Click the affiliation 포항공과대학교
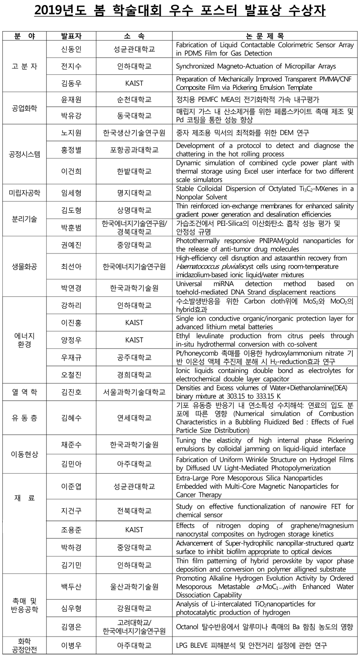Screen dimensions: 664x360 [x=134, y=149]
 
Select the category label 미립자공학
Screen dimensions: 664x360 [x=25, y=193]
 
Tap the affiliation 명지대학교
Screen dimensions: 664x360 [x=134, y=193]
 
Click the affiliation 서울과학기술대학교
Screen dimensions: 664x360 [x=134, y=392]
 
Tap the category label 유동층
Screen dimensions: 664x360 [x=25, y=418]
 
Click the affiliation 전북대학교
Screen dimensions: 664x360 [x=134, y=510]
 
